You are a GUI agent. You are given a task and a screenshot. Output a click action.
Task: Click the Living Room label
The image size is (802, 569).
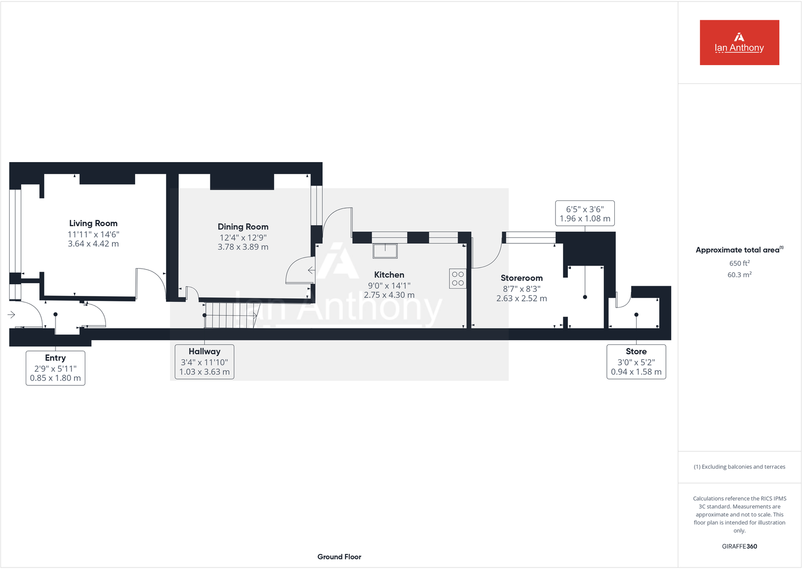pyautogui.click(x=93, y=223)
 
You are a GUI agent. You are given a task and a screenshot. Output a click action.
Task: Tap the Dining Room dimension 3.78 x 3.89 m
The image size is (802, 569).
pyautogui.click(x=243, y=247)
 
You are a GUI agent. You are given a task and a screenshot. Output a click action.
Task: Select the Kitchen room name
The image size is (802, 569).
pyautogui.click(x=389, y=275)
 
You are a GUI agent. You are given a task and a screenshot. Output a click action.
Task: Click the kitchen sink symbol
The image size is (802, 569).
pyautogui.click(x=385, y=250)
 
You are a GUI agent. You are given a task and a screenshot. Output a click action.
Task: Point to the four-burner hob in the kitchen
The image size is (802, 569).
pyautogui.click(x=457, y=279)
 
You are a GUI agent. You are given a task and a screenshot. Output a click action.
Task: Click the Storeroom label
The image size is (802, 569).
pyautogui.click(x=522, y=278)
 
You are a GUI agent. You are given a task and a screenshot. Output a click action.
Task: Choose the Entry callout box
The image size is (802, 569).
pyautogui.click(x=55, y=368)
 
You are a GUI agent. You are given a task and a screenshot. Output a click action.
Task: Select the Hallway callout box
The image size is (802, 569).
pyautogui.click(x=204, y=361)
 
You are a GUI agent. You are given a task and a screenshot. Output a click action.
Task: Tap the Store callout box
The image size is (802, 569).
pyautogui.click(x=636, y=361)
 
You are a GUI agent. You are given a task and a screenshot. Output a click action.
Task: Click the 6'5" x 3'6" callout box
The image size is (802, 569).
pyautogui.click(x=585, y=214)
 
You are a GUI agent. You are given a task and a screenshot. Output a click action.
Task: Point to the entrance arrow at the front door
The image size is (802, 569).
pyautogui.click(x=12, y=315)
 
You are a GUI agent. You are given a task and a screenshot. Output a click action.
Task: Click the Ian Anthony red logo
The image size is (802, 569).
pyautogui.click(x=739, y=42)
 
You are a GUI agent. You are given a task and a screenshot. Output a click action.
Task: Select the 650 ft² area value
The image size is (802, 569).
pyautogui.click(x=739, y=263)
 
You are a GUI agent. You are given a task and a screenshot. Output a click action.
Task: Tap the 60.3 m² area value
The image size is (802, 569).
pyautogui.click(x=739, y=275)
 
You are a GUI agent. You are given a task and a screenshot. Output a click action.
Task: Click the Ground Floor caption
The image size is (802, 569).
pyautogui.click(x=339, y=556)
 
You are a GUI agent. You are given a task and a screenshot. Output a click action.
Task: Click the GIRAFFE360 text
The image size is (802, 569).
pyautogui.click(x=739, y=546)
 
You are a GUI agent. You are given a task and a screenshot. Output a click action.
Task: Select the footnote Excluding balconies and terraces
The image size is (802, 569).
pyautogui.click(x=739, y=467)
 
